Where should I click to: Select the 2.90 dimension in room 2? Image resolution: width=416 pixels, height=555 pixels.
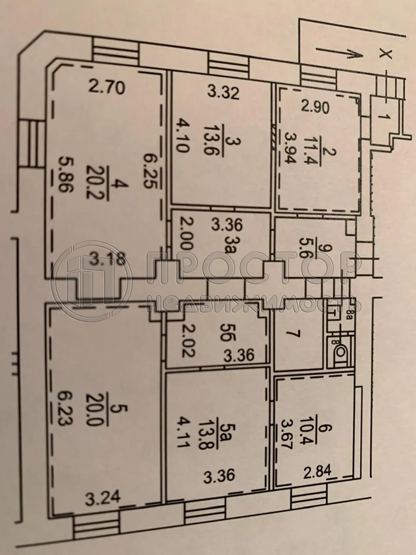click(x=313, y=107)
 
